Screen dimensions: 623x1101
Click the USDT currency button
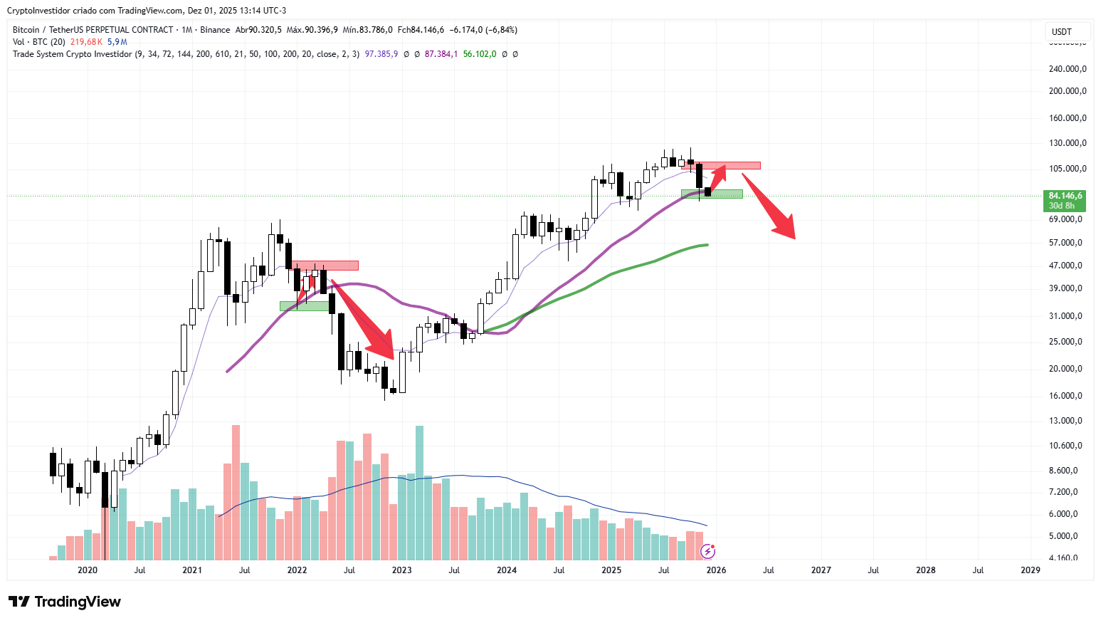pos(1062,31)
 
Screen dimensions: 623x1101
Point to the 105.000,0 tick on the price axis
pos(1068,169)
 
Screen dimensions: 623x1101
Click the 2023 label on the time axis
pos(401,570)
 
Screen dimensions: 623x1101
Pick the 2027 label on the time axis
pos(821,570)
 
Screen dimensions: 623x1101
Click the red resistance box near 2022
pos(325,266)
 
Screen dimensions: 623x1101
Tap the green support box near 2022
pos(305,306)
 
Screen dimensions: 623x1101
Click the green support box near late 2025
pos(712,194)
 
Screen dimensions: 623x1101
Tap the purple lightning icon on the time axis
pos(708,551)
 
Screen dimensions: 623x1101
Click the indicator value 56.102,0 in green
pos(480,54)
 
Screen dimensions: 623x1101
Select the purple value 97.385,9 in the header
pos(381,54)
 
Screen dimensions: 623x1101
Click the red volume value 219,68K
pos(86,42)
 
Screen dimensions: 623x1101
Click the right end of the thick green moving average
pos(707,245)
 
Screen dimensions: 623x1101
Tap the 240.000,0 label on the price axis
pos(1068,69)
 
